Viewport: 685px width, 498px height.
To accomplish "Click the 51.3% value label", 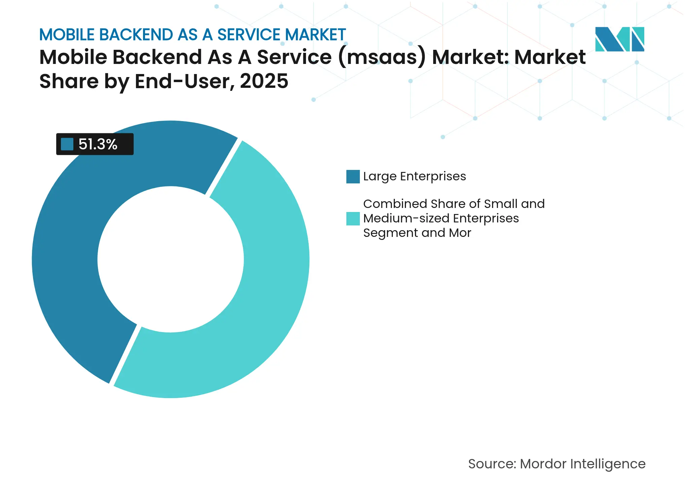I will (x=98, y=144).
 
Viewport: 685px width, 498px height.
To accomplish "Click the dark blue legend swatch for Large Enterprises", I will (x=353, y=177).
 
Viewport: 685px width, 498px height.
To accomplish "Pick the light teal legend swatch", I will (x=353, y=219).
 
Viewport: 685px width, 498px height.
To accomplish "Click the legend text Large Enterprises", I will (x=414, y=176).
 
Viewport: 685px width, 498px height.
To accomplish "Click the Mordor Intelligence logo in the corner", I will (x=619, y=39).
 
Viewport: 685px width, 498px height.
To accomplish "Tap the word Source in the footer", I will (x=491, y=464).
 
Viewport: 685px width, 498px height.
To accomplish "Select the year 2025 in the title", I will (x=264, y=81).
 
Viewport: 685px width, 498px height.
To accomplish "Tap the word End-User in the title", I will (x=184, y=81).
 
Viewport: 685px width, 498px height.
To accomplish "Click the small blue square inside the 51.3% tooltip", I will (x=67, y=144).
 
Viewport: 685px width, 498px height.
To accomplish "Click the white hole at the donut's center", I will (x=171, y=259).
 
